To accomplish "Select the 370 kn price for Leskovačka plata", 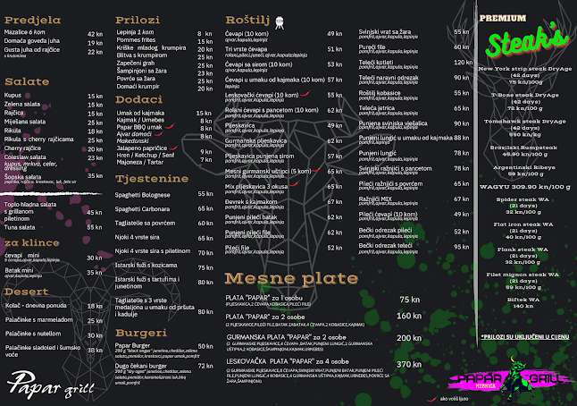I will (x=408, y=364).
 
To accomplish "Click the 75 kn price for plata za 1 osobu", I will (x=409, y=300).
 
